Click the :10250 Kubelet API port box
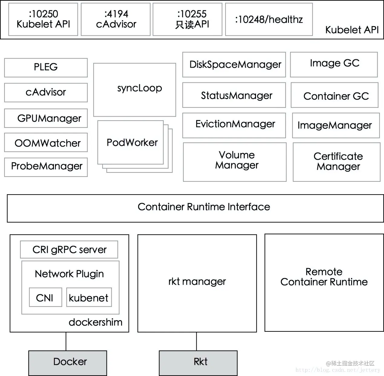[43, 19]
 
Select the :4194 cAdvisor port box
[116, 19]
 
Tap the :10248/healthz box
[269, 19]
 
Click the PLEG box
[46, 68]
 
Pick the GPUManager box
[46, 118]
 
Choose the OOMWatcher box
[46, 142]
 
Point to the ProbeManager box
[46, 167]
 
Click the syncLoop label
[139, 88]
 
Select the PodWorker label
[132, 142]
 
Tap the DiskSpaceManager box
[234, 65]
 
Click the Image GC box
[334, 65]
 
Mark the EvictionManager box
[234, 125]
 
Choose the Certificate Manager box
[336, 162]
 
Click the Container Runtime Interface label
[204, 207]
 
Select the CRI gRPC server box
[69, 249]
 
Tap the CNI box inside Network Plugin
[46, 297]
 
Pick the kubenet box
[89, 297]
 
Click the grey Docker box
[68, 363]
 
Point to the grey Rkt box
[198, 363]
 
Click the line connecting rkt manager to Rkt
[196, 341]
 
